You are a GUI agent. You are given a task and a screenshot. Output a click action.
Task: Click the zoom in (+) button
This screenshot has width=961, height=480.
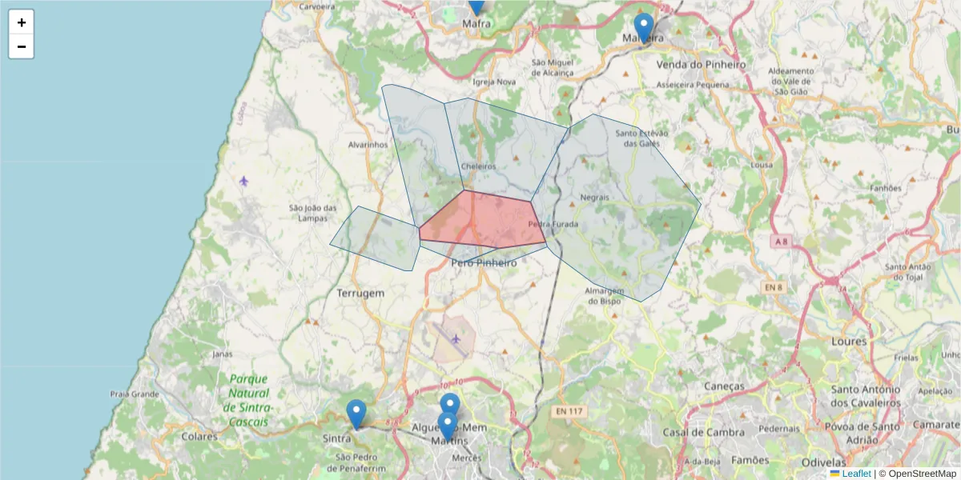coord(22,22)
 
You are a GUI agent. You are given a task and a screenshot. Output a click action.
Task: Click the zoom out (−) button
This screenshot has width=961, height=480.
coord(22,46)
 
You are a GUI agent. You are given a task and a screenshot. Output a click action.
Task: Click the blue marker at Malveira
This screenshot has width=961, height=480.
coord(643,27)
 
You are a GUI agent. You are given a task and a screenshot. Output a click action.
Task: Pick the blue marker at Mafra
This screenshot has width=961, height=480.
coord(476,5)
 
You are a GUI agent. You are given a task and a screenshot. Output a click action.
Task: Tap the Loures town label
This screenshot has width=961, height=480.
coord(850,341)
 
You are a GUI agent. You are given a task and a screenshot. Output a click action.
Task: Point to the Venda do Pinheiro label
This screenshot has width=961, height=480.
coord(701,64)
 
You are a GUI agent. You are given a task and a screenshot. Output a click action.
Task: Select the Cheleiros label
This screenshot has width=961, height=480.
coord(478,166)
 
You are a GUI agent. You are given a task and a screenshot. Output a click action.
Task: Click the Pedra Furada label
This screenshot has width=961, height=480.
coord(553,225)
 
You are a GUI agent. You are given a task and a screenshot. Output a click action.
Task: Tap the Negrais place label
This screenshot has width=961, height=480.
coord(595,197)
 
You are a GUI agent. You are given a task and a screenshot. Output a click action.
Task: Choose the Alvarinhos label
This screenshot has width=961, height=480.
coord(368,145)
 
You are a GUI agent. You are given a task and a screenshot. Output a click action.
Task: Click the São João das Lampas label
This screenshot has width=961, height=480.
coord(313,213)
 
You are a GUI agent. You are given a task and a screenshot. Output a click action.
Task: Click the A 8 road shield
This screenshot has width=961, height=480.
coord(782,240)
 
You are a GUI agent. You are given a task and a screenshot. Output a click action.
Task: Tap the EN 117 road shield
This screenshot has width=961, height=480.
coord(569,411)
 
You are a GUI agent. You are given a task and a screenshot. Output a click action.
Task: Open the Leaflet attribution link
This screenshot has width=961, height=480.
coord(856,474)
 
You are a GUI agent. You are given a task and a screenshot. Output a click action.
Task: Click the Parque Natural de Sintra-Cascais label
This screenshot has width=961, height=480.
coord(248,400)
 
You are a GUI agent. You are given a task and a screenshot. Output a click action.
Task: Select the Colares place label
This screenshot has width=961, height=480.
coord(199,437)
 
